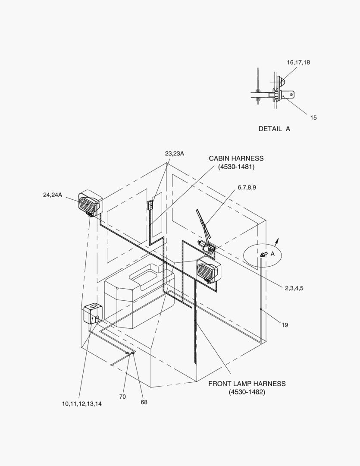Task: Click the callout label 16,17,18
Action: (298, 63)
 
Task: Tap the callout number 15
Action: (313, 118)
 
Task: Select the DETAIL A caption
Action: (274, 129)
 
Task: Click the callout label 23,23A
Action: (174, 153)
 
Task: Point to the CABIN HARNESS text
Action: (236, 158)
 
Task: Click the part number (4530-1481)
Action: (236, 167)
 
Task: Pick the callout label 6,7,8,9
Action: (247, 188)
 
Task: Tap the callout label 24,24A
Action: (53, 195)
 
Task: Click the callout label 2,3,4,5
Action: (294, 288)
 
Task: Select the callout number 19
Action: (285, 325)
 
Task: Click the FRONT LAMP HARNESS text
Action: (247, 384)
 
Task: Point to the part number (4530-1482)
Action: (247, 392)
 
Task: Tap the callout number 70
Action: (122, 397)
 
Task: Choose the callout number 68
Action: (144, 402)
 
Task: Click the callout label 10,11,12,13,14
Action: (81, 403)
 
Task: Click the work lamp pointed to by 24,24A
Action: (90, 203)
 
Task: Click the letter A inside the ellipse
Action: (272, 254)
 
